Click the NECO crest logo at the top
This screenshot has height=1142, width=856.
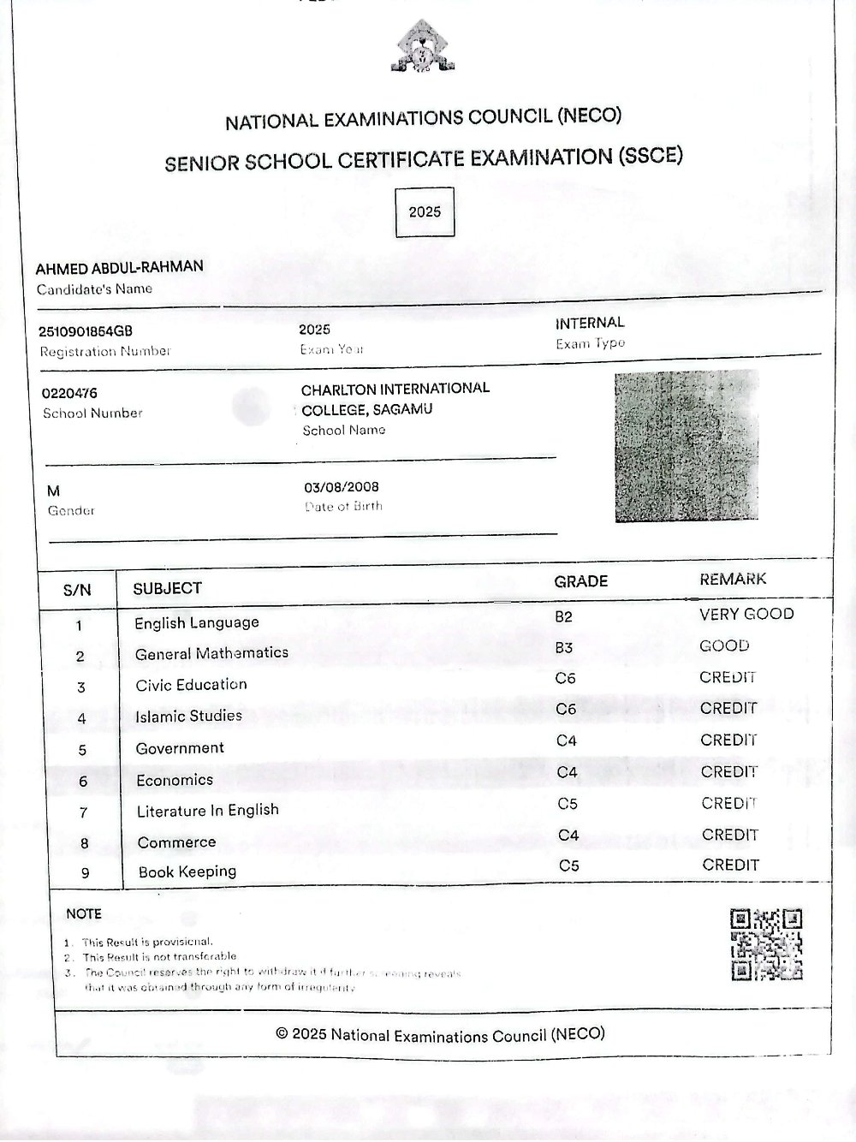click(425, 48)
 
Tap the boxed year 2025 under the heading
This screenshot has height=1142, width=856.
click(425, 212)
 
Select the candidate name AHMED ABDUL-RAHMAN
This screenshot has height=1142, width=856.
click(120, 267)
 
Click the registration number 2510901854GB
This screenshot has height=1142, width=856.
click(86, 331)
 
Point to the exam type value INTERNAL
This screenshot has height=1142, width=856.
click(590, 323)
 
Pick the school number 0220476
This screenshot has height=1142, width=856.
click(70, 394)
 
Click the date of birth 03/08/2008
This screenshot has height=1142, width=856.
click(342, 487)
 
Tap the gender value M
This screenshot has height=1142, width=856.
click(54, 491)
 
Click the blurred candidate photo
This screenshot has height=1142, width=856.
click(687, 446)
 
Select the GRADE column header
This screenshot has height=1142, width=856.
click(580, 581)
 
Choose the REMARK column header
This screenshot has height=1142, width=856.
click(733, 580)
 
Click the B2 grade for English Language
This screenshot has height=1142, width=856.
click(563, 616)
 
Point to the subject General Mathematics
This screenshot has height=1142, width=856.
click(211, 653)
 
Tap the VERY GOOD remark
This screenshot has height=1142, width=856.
click(746, 614)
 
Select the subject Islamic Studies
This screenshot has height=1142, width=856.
click(188, 716)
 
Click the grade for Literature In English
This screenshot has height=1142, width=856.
click(568, 804)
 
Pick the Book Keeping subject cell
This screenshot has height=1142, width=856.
click(187, 871)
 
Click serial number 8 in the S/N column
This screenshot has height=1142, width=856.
click(84, 843)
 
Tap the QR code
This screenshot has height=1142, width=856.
click(766, 944)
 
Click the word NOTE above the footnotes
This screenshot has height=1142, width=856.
click(84, 913)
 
